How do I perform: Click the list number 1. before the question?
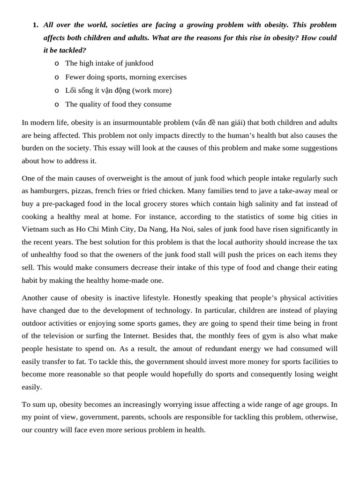[x=36, y=25]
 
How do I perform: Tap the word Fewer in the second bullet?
[x=75, y=77]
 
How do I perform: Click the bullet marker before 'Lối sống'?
[x=57, y=90]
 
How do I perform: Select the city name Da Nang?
[x=152, y=229]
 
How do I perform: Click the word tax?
[x=332, y=242]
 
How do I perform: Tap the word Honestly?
[x=188, y=298]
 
